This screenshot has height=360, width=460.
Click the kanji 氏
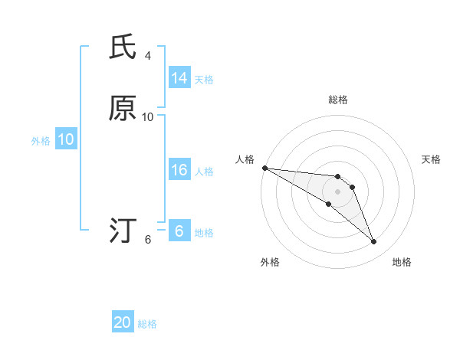click(123, 48)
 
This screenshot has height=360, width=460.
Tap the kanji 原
click(123, 109)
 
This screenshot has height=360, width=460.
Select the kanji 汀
click(123, 230)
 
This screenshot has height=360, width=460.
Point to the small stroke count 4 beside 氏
click(148, 56)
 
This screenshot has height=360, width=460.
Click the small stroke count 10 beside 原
click(148, 116)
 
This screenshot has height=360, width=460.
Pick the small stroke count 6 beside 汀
click(148, 239)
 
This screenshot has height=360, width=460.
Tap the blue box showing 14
click(179, 78)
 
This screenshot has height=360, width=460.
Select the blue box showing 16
click(179, 171)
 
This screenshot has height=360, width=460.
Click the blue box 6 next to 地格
click(179, 231)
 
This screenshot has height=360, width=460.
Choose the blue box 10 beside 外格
click(66, 139)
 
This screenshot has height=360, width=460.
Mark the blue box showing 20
click(123, 322)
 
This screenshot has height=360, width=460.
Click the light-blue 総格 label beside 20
click(147, 324)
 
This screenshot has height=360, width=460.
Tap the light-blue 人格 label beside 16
click(204, 172)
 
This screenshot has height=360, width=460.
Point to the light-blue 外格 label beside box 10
click(41, 141)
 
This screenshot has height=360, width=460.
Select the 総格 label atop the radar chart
click(338, 100)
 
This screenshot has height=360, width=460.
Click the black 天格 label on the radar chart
click(431, 159)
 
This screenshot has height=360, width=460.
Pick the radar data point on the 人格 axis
click(264, 168)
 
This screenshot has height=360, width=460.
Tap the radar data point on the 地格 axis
click(373, 242)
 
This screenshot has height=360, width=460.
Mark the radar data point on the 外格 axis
click(329, 204)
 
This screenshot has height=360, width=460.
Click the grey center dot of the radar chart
click(338, 191)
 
